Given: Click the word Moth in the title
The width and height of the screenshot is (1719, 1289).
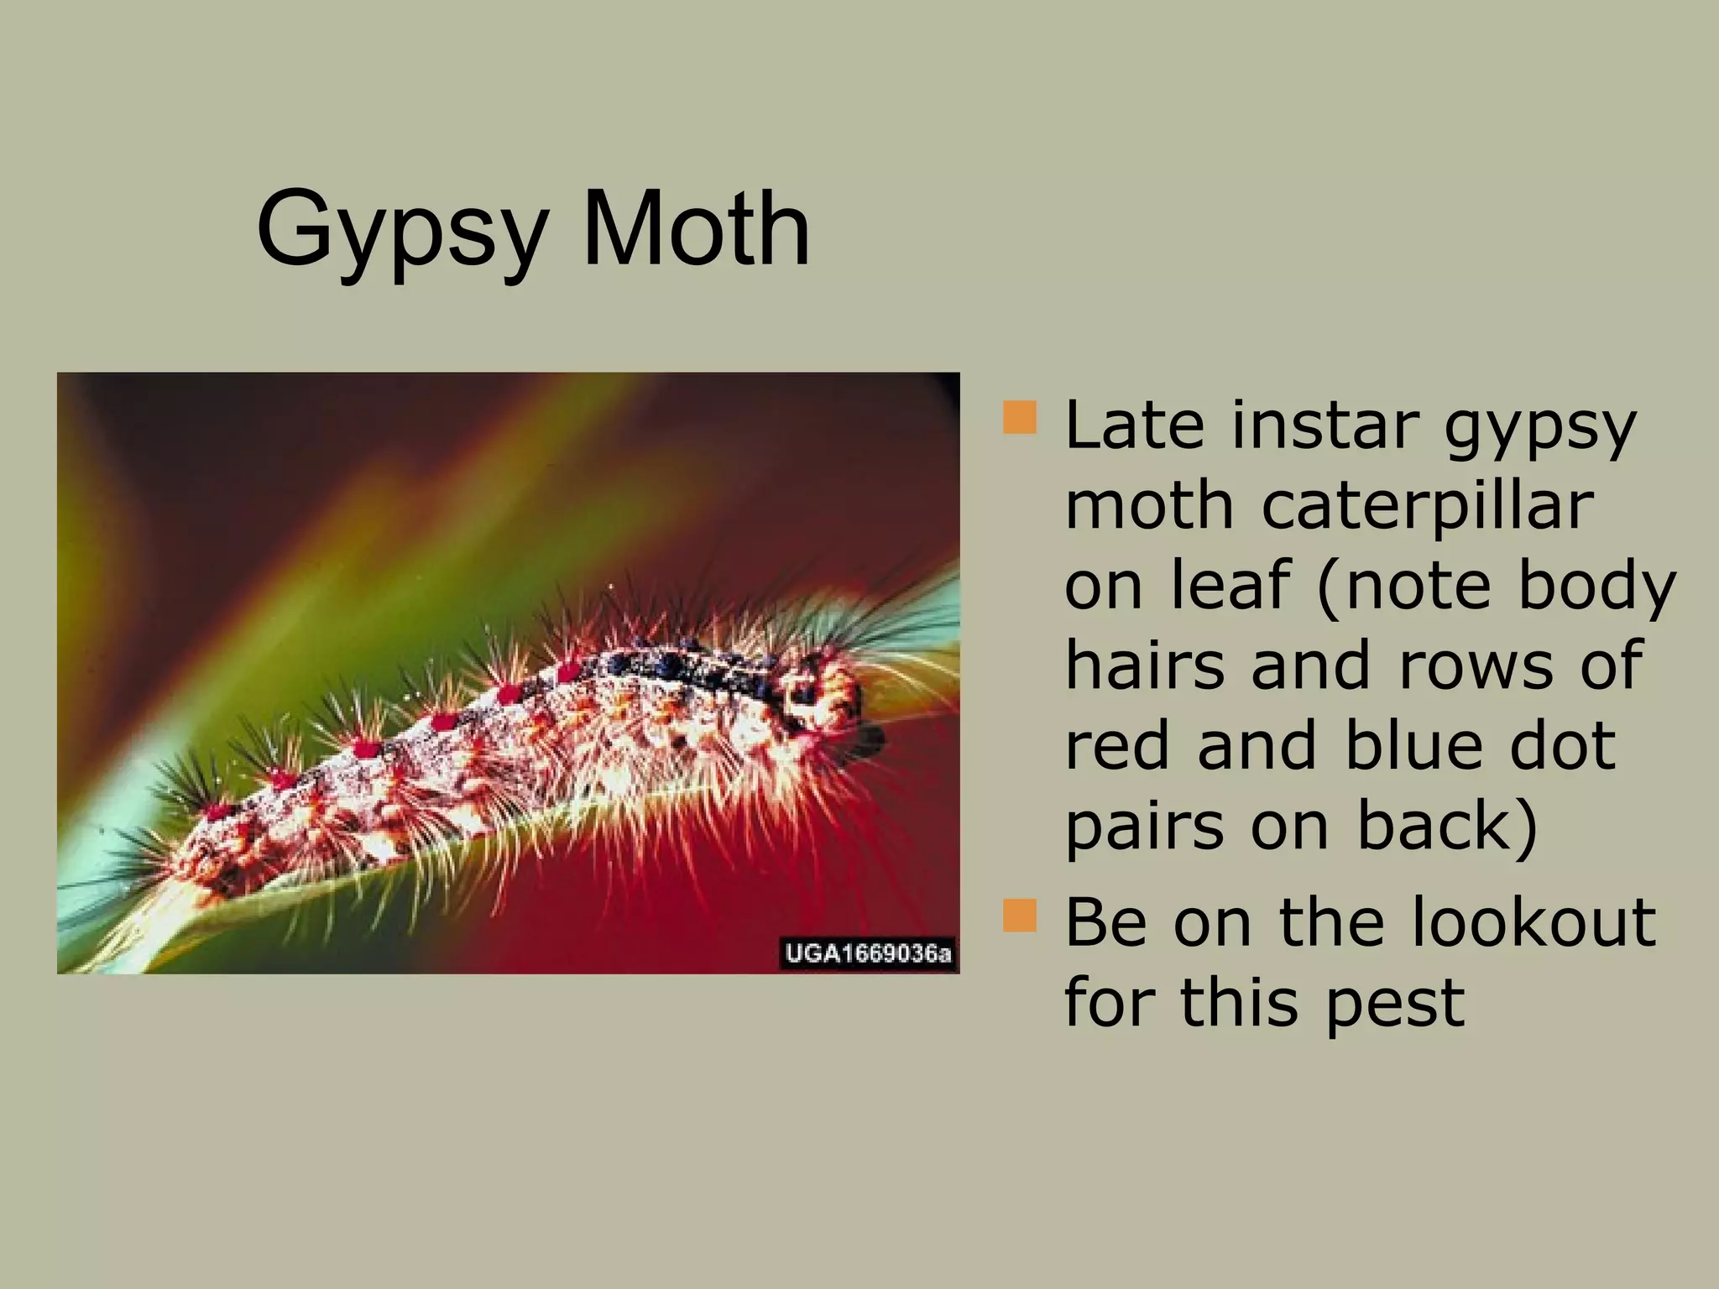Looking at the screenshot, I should click(696, 228).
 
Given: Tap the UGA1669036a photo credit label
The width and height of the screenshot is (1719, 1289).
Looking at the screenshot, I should click(868, 954).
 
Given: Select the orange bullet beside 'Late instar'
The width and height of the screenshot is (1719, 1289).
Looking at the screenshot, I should click(1020, 417).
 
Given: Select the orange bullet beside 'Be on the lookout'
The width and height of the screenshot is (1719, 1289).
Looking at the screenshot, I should click(1020, 915).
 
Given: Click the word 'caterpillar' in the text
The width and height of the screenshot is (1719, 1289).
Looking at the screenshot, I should click(1426, 506).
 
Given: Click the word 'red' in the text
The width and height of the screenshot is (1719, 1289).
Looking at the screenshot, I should click(1116, 745).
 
